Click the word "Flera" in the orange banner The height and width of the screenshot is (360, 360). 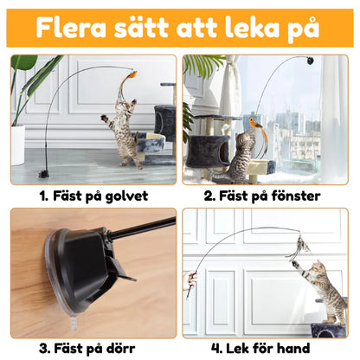coord(71,28)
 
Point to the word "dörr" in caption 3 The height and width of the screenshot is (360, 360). coord(119,348)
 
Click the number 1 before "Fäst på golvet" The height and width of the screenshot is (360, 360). coord(43,196)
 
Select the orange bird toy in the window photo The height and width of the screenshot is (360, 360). coord(256,123)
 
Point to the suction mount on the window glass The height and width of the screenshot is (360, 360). coord(311,61)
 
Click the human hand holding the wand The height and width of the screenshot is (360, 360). coord(190,280)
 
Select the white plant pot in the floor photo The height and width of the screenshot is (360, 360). coord(17,145)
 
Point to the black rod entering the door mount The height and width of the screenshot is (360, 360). coord(141,229)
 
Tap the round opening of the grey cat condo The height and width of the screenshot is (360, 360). coord(224,150)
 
